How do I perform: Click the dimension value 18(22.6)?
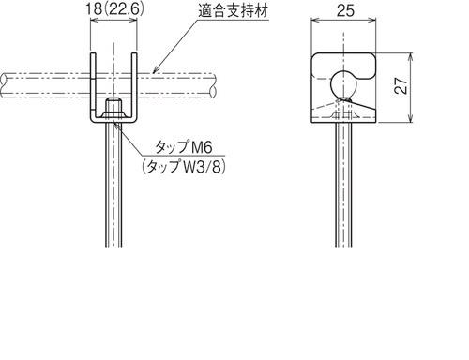114,9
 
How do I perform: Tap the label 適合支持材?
234,11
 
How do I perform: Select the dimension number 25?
345,10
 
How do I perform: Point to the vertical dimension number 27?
401,85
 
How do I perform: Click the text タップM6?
184,147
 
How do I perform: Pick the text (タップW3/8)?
184,166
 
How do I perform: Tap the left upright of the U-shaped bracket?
93,85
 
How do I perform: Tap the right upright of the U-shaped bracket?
134,85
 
